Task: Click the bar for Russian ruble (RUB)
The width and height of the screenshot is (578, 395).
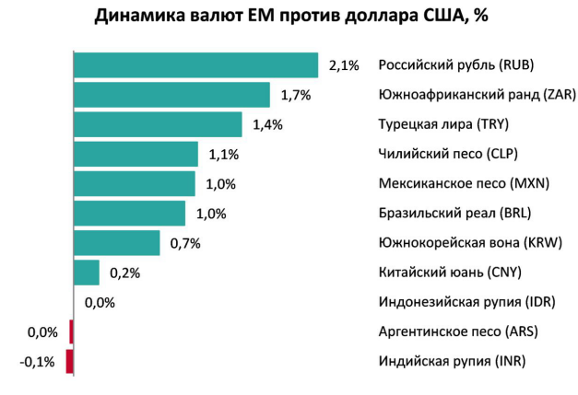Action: pyautogui.click(x=195, y=65)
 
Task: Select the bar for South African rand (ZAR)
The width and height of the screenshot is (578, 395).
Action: pyautogui.click(x=171, y=95)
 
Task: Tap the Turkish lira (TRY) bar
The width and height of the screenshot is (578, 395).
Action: pyautogui.click(x=158, y=124)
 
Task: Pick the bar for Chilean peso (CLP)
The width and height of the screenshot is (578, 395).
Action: pyautogui.click(x=136, y=154)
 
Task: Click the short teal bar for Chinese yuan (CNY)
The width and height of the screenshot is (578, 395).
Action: pyautogui.click(x=87, y=273)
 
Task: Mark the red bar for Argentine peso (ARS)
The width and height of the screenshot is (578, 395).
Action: pyautogui.click(x=71, y=331)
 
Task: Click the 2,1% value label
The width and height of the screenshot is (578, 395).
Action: pyautogui.click(x=344, y=65)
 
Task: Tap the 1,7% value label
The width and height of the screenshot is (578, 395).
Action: pyautogui.click(x=296, y=95)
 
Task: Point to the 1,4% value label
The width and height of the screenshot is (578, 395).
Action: pyautogui.click(x=267, y=124)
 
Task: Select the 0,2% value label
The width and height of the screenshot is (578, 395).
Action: pyautogui.click(x=124, y=273)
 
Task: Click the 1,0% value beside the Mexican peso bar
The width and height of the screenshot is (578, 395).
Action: pyautogui.click(x=221, y=183)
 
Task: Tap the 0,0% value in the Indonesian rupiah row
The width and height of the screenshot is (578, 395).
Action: pyautogui.click(x=100, y=302)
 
